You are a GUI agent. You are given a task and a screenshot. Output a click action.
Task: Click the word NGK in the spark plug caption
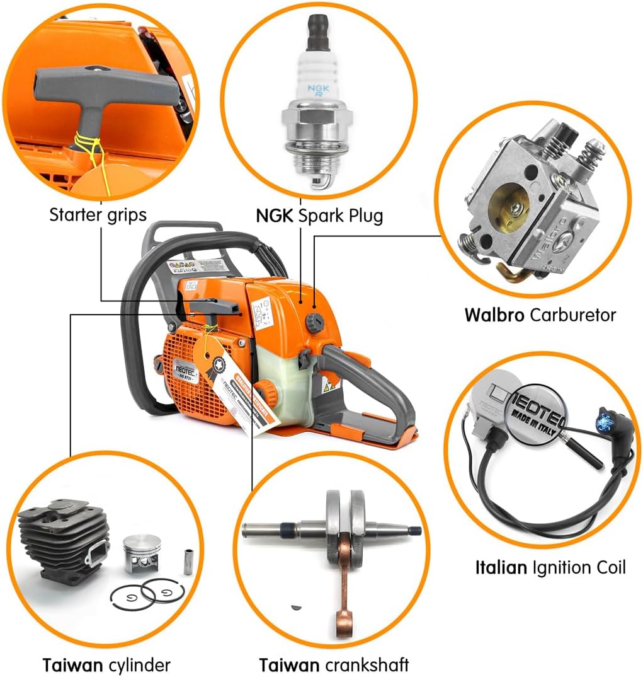pos(275,216)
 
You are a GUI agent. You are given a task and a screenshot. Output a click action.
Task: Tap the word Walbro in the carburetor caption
pos(494,315)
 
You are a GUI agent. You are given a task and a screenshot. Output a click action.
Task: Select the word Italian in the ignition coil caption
pos(501,568)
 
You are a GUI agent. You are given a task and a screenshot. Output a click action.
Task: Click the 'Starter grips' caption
pos(98,215)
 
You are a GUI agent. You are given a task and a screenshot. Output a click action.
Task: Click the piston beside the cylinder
pos(142,551)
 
